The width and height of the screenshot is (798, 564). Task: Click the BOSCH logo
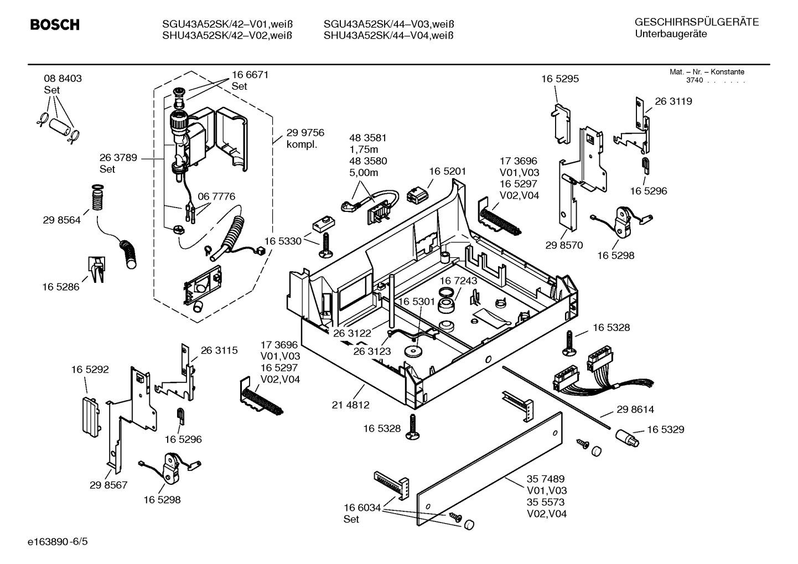tap(54, 25)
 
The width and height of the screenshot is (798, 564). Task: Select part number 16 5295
tap(559, 79)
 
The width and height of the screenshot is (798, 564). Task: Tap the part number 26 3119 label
tap(673, 101)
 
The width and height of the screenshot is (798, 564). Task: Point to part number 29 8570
tap(563, 245)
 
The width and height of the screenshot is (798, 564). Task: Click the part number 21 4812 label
tap(350, 405)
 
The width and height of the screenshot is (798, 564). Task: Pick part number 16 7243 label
tap(458, 281)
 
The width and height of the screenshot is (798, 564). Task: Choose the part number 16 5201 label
tap(447, 172)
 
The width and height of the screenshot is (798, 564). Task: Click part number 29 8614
tap(635, 410)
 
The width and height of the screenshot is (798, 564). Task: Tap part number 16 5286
tap(60, 287)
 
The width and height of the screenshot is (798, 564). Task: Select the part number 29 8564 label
tap(61, 220)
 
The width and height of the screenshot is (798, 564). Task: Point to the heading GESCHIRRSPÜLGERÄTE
tap(696, 23)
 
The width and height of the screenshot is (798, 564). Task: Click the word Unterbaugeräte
tap(671, 34)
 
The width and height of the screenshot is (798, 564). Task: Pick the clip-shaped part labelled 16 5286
tap(96, 268)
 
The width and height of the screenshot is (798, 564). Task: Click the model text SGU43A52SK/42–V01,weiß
tap(227, 24)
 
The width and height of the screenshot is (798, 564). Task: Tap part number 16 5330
tap(282, 241)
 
